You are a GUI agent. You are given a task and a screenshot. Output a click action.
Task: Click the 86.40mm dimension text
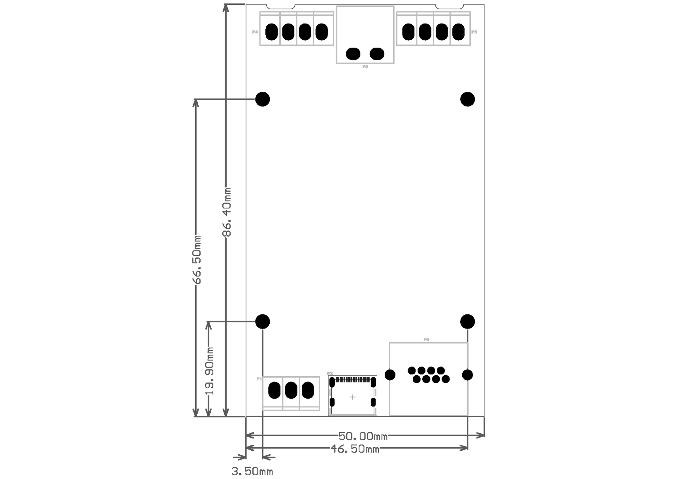(227, 212)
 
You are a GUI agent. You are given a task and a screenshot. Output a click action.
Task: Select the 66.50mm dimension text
(197, 260)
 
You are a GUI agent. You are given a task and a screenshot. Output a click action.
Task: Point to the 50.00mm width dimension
(363, 436)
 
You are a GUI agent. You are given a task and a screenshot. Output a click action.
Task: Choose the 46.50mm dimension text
(355, 449)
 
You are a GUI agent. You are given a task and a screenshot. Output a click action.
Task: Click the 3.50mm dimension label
(252, 471)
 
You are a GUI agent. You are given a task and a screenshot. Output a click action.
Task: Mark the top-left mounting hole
(263, 99)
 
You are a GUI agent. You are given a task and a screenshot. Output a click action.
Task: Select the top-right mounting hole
(467, 99)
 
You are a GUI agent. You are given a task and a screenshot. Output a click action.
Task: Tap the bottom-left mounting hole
(263, 321)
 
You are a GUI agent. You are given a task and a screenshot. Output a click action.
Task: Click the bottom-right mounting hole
(467, 321)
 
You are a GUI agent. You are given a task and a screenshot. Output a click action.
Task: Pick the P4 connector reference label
(255, 32)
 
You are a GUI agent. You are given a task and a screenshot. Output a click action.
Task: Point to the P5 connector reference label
(474, 32)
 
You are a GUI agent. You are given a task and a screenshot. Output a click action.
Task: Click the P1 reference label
(259, 379)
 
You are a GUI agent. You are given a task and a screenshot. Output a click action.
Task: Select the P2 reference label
(330, 374)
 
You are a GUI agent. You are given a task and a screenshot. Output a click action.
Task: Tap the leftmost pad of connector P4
(271, 32)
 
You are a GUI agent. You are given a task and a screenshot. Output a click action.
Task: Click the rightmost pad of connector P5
(459, 32)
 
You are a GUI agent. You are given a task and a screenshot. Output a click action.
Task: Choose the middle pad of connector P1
(291, 390)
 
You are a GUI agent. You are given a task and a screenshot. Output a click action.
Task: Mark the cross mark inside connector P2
(353, 397)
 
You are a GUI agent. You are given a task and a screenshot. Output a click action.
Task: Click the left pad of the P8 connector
(353, 54)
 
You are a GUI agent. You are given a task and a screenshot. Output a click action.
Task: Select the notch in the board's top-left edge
(280, 7)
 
